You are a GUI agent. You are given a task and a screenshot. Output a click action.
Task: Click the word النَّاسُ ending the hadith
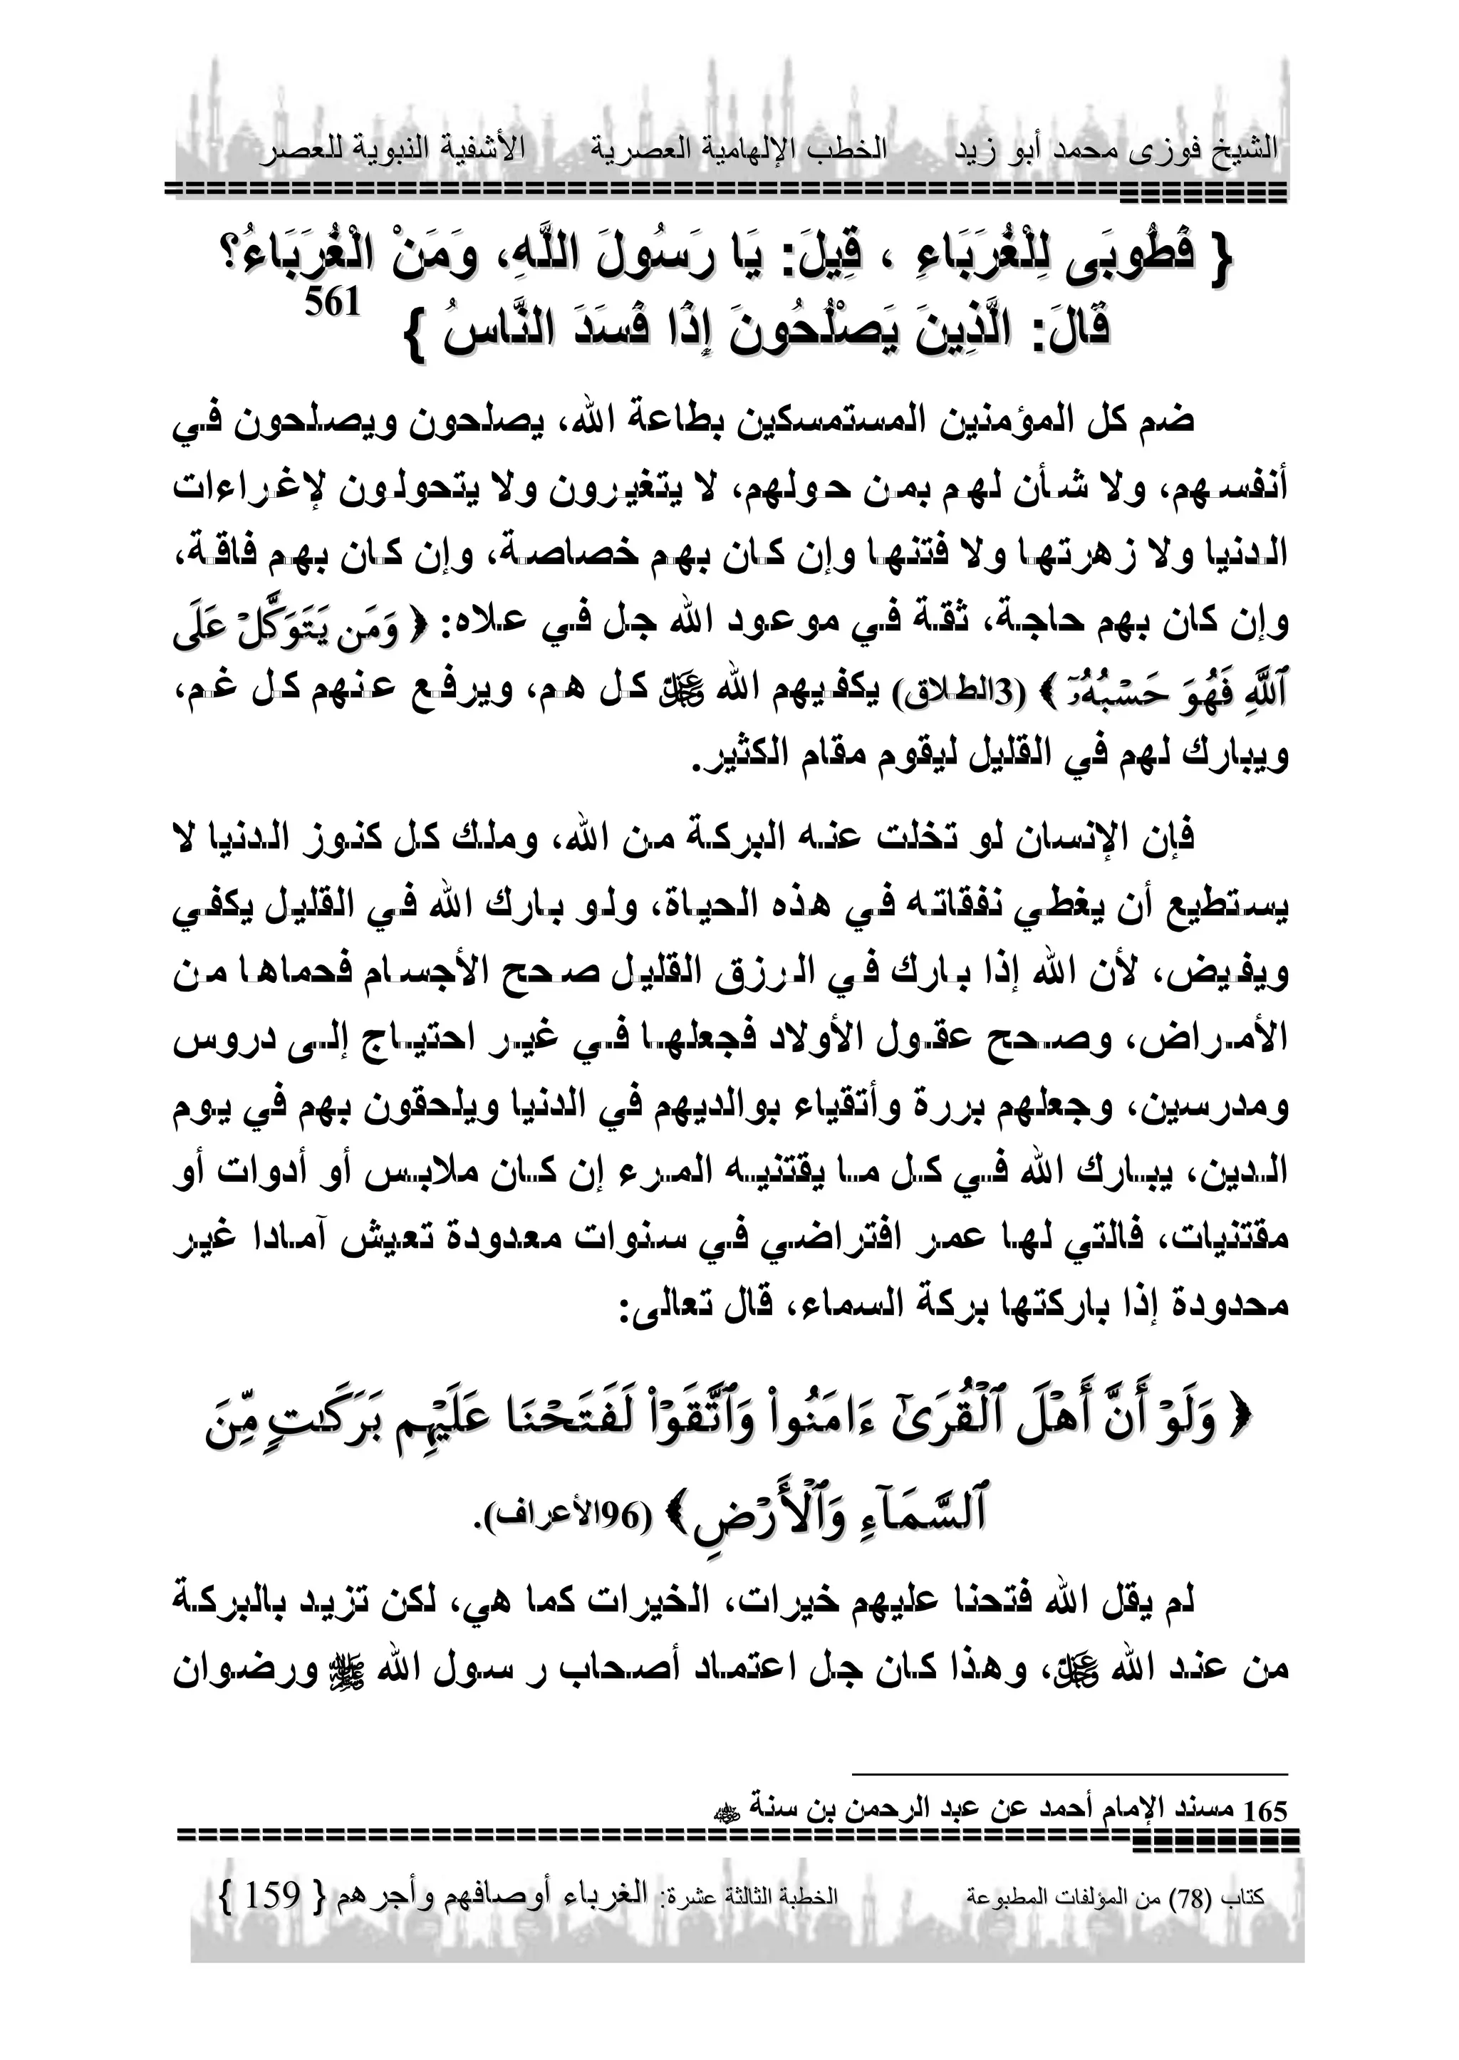click(491, 329)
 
